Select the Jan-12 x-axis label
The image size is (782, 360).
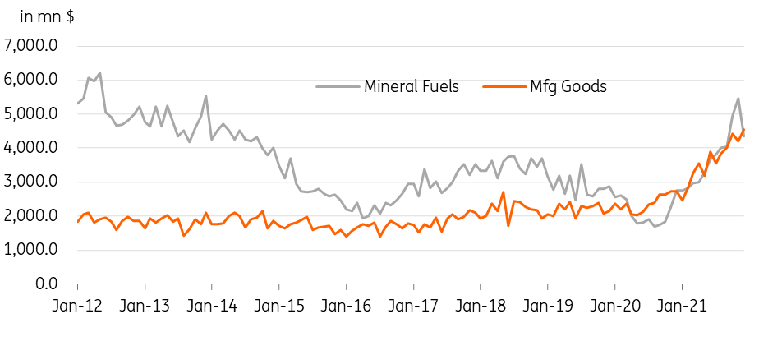pyautogui.click(x=77, y=307)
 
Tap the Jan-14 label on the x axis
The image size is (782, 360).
pyautogui.click(x=211, y=307)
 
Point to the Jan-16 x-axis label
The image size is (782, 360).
pyautogui.click(x=346, y=307)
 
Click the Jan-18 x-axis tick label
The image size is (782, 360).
pyautogui.click(x=480, y=307)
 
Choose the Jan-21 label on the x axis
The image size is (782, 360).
pyautogui.click(x=681, y=307)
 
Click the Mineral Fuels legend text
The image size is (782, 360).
pyautogui.click(x=412, y=86)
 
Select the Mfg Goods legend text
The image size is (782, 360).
pyautogui.click(x=568, y=87)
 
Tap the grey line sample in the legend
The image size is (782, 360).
pyautogui.click(x=338, y=86)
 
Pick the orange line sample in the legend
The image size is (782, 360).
pyautogui.click(x=504, y=86)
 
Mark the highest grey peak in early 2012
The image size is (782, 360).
pyautogui.click(x=100, y=73)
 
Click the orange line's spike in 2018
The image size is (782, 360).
pyautogui.click(x=504, y=192)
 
